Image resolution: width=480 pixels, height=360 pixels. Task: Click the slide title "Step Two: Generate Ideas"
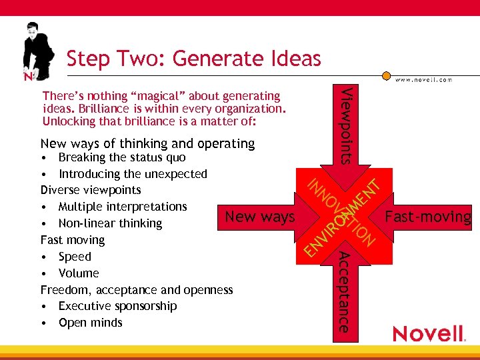(x=193, y=59)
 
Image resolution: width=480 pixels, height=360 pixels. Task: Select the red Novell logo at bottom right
(x=428, y=333)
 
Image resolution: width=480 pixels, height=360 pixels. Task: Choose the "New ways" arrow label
(x=260, y=217)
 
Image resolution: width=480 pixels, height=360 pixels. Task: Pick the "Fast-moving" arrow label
(x=428, y=217)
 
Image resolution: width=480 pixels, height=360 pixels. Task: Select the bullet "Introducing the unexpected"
(x=133, y=174)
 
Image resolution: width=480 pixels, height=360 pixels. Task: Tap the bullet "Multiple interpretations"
(x=123, y=207)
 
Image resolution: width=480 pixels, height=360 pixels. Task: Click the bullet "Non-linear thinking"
(x=110, y=223)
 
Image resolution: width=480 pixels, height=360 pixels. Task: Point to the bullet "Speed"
(x=75, y=257)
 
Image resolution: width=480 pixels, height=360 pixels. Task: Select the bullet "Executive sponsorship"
(x=117, y=306)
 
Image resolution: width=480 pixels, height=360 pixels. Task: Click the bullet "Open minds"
(x=91, y=323)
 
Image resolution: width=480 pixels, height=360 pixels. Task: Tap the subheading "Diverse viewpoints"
(x=91, y=191)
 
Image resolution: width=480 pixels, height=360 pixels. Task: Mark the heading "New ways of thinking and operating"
(x=147, y=143)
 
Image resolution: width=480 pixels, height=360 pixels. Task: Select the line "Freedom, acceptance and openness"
(x=137, y=290)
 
